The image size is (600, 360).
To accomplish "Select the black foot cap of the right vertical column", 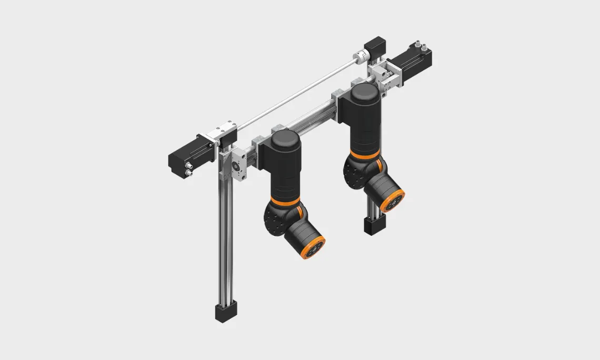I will (372, 226).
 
